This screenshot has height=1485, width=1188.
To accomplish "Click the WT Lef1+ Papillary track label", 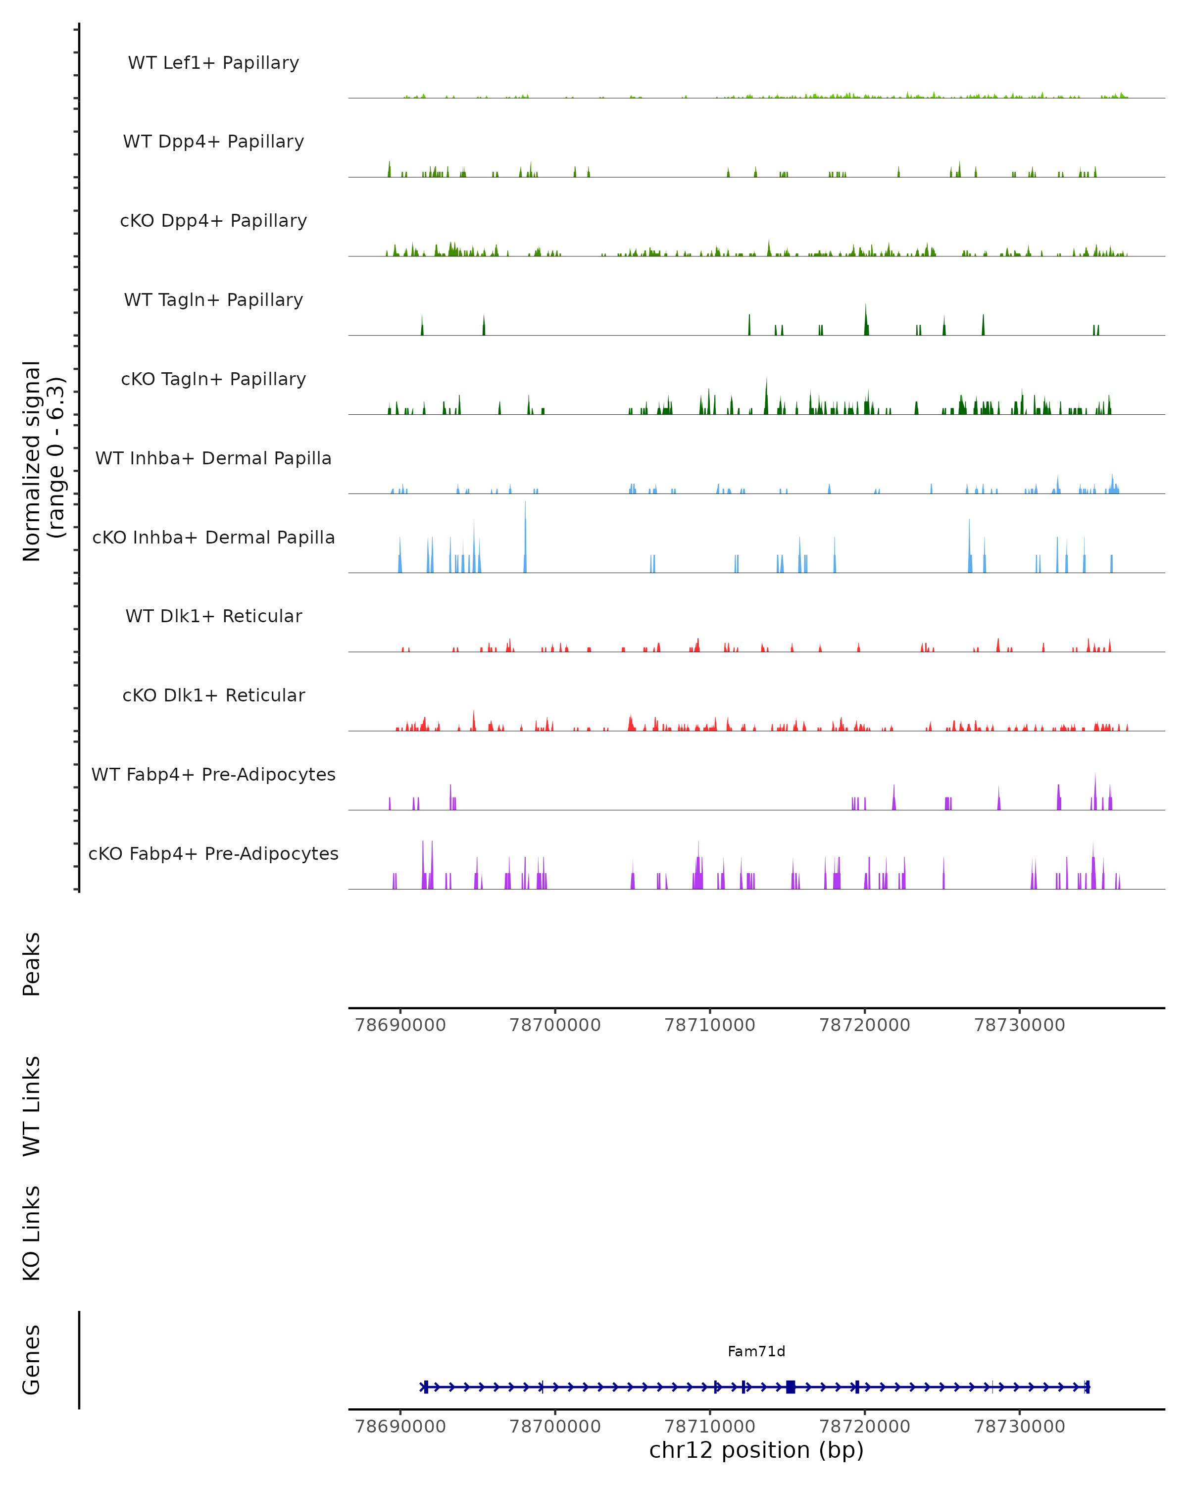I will click(x=213, y=63).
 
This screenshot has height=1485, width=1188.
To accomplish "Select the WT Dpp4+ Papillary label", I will click(x=213, y=142).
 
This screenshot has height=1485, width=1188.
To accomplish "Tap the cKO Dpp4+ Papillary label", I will click(x=213, y=221).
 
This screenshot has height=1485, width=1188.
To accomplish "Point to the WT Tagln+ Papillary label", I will click(x=213, y=300).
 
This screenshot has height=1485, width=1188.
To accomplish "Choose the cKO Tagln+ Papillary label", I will click(x=213, y=380).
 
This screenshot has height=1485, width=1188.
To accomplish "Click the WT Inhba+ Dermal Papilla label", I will click(x=213, y=459).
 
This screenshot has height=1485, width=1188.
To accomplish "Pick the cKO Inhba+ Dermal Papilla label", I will click(x=213, y=538).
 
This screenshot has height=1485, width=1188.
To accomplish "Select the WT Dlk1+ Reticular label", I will click(x=213, y=616).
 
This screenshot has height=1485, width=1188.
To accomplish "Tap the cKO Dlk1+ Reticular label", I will click(x=213, y=695).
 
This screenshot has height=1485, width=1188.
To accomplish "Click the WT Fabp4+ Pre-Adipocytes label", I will click(x=213, y=775).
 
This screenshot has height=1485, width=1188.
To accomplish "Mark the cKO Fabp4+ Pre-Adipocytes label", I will click(x=213, y=854).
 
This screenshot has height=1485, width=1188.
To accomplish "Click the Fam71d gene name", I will click(x=756, y=1352).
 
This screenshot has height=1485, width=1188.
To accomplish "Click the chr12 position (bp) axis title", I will click(x=756, y=1450).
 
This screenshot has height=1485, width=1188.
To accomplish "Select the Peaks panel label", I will click(x=32, y=964).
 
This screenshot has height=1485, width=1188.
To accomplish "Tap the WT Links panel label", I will click(x=32, y=1105).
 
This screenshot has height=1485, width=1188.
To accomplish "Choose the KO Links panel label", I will click(x=32, y=1233).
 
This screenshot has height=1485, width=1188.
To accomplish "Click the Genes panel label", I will click(x=32, y=1360).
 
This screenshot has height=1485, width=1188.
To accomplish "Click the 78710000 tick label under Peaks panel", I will click(x=709, y=1025).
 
